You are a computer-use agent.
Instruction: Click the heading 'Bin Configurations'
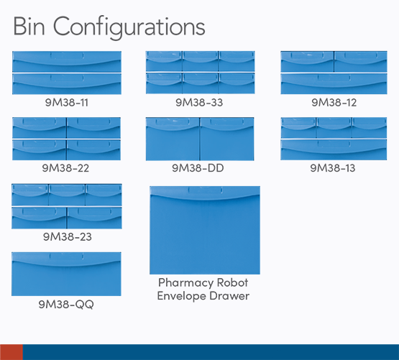[109, 27]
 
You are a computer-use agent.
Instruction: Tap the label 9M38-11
[67, 103]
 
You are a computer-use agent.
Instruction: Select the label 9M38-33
[199, 103]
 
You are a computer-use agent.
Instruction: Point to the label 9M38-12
[334, 103]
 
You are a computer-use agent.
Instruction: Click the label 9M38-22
[65, 168]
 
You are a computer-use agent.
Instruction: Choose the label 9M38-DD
[198, 168]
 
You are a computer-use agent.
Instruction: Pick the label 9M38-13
[333, 168]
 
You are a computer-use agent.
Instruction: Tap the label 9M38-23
[67, 236]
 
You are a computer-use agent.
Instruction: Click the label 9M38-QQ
[66, 304]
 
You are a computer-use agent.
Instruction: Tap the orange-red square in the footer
[12, 352]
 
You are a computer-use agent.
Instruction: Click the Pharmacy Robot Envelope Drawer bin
[205, 230]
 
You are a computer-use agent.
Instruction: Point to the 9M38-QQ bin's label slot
[66, 257]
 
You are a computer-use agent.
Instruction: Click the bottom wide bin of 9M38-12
[334, 83]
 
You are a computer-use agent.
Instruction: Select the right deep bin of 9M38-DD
[227, 139]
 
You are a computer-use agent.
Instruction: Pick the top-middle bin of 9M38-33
[201, 61]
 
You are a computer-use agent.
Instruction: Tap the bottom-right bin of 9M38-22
[93, 150]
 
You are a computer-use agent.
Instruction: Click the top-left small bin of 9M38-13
[298, 128]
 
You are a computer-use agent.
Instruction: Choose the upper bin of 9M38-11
[67, 62]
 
